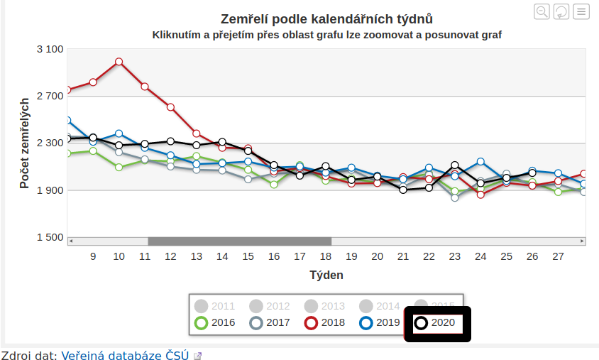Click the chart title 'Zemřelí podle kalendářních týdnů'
(326, 18)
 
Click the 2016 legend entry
(216, 323)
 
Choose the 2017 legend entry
(271, 323)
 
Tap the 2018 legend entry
(326, 323)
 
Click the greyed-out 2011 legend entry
(216, 306)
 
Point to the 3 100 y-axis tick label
(50, 49)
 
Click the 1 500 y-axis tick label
(50, 237)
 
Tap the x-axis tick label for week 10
(119, 256)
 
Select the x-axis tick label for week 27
(558, 256)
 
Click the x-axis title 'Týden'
(326, 274)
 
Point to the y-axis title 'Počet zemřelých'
(25, 143)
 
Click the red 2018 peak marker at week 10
(119, 62)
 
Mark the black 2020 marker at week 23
(455, 165)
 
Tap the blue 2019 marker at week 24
(480, 162)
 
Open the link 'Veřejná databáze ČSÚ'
(125, 355)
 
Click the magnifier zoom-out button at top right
(542, 11)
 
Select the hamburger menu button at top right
(581, 11)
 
